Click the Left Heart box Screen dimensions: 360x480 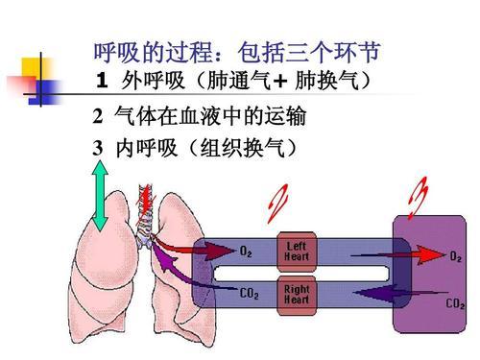click(x=297, y=252)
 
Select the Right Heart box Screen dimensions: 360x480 click(x=297, y=294)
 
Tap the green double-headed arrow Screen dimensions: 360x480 click(x=99, y=197)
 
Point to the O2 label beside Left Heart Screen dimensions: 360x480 click(x=247, y=252)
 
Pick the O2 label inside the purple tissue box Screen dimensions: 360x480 click(x=460, y=256)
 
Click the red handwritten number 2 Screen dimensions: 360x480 click(x=278, y=199)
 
